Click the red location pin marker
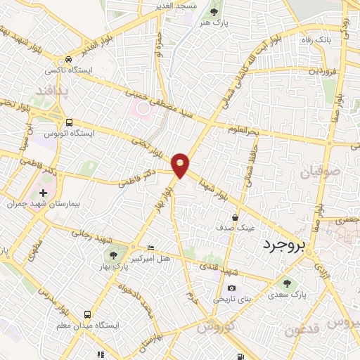pyautogui.click(x=180, y=165)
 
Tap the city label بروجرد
pyautogui.click(x=285, y=245)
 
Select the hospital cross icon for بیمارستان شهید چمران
pyautogui.click(x=43, y=192)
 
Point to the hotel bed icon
pyautogui.click(x=150, y=248)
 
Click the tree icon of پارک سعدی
pyautogui.click(x=286, y=282)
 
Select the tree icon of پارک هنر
pyautogui.click(x=214, y=12)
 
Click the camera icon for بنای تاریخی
pyautogui.click(x=231, y=288)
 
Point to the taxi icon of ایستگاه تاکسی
pyautogui.click(x=68, y=60)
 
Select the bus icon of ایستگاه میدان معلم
pyautogui.click(x=88, y=314)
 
